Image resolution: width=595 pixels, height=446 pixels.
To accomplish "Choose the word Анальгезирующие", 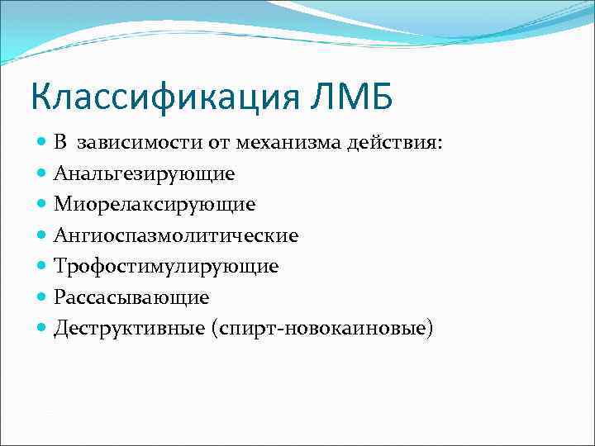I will (145, 174).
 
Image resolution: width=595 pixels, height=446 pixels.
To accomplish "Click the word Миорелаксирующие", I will (155, 205).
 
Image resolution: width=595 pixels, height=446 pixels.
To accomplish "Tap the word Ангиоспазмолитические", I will (176, 236).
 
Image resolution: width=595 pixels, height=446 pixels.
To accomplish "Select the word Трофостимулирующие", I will (166, 267).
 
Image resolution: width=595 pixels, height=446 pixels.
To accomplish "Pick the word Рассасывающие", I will (131, 297).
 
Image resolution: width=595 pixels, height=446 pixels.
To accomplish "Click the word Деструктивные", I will (128, 328).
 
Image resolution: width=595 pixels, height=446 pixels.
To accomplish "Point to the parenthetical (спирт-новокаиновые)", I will (321, 328).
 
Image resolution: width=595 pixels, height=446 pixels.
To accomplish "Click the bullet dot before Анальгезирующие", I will (43, 174).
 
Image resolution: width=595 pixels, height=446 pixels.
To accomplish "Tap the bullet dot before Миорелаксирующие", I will (43, 205).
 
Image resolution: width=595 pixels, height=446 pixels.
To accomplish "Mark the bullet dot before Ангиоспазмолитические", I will (43, 236).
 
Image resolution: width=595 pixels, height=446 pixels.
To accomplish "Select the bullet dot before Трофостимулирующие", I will (43, 267).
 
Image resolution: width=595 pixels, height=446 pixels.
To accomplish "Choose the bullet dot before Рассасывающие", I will (43, 297).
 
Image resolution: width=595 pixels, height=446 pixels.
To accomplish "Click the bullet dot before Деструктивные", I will (43, 328).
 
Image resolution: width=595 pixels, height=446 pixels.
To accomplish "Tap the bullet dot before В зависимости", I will (43, 144).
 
